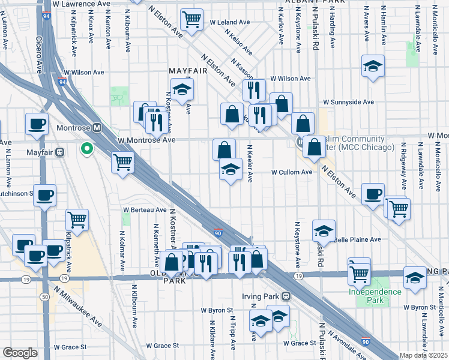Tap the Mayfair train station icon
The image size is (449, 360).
[60, 152]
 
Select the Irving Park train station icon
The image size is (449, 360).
[286, 296]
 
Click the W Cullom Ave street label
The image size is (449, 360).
[292, 172]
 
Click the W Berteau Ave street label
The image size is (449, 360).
[145, 210]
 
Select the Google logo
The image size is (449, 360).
[20, 353]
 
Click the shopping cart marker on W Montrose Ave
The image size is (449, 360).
[122, 161]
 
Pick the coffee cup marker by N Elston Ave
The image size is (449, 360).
[373, 194]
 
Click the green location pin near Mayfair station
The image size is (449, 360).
[87, 148]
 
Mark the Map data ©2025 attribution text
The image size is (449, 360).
[424, 355]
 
